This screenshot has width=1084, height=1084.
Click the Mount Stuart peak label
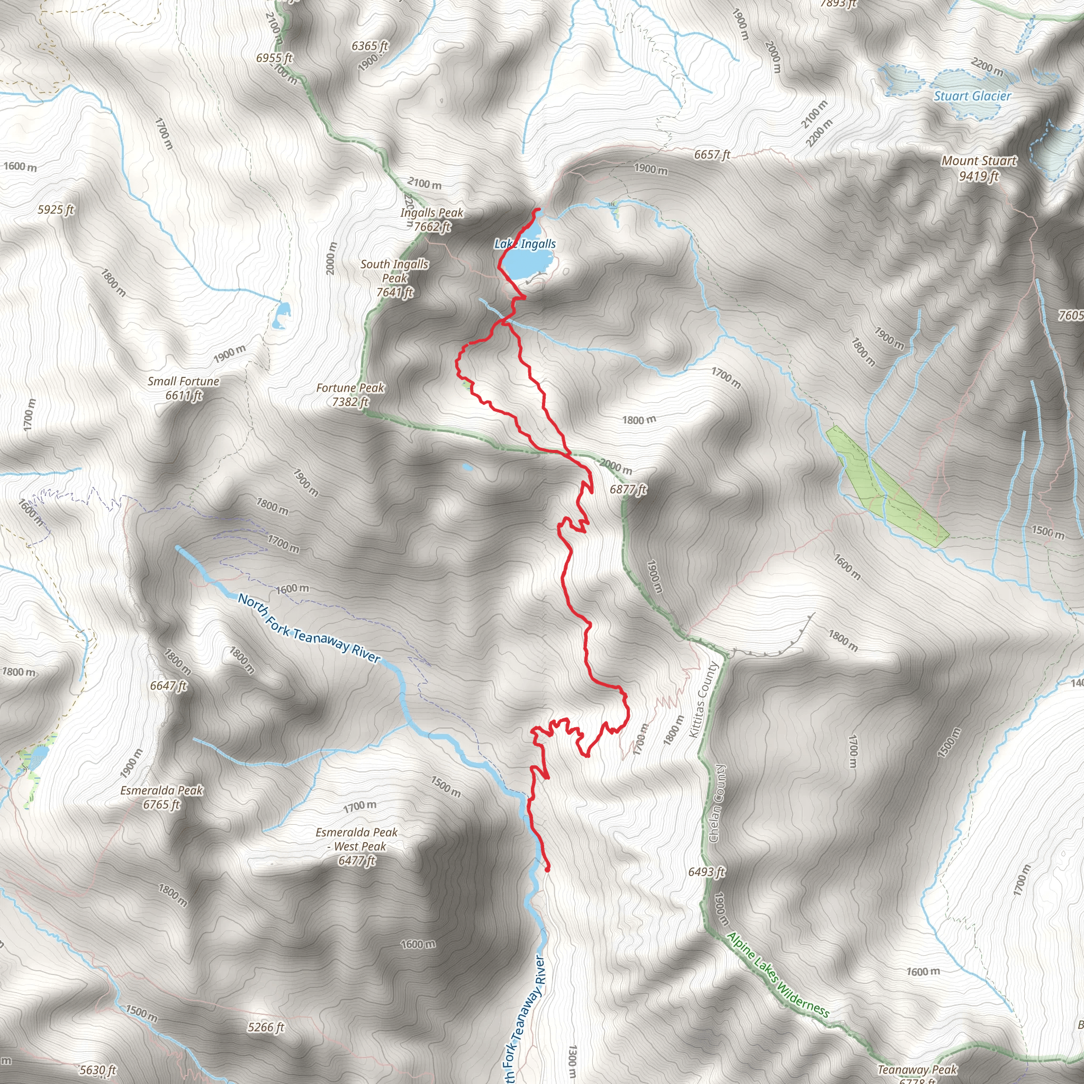pos(979,168)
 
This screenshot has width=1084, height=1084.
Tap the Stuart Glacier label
pos(972,96)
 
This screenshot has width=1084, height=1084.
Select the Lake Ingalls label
pos(525,243)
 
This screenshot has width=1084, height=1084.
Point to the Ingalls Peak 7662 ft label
pos(431,219)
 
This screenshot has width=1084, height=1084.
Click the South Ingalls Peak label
pos(394,278)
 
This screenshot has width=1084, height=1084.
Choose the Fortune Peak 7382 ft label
pos(350,394)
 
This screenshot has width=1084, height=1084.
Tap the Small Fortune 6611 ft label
pos(184,387)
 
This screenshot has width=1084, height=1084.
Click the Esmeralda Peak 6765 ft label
pos(161,797)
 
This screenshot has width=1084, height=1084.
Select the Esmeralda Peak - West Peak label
pos(356,846)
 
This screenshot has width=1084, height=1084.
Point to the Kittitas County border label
pos(703,700)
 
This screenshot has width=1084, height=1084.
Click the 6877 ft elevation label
pos(628,489)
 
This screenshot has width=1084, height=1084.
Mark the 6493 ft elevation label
pos(707,871)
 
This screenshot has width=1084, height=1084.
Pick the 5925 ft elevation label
pos(56,210)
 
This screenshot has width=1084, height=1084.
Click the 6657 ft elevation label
pos(712,155)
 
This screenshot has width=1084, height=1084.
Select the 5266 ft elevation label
pos(266,1027)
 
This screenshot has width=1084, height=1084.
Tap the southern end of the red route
pos(548,870)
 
